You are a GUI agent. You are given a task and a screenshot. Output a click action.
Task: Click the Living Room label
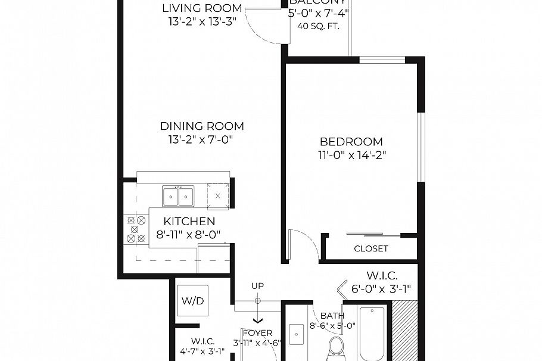coord(203,8)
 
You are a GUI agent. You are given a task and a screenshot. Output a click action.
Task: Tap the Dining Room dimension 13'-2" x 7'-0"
coord(203,140)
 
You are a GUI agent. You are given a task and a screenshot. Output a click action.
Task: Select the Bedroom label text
coord(351,142)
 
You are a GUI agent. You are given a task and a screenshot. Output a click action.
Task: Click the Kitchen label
coord(189,222)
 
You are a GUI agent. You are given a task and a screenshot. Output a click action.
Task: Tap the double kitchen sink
coord(179,195)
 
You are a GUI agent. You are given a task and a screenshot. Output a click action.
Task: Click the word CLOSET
coord(370,248)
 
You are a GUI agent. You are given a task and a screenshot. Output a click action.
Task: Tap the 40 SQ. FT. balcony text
coord(318,26)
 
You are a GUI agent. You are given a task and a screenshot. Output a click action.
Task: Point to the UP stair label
coord(257,287)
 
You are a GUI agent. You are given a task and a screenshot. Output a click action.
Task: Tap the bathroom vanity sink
coord(296,335)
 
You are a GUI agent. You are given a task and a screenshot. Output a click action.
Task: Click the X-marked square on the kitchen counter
coord(218,195)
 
